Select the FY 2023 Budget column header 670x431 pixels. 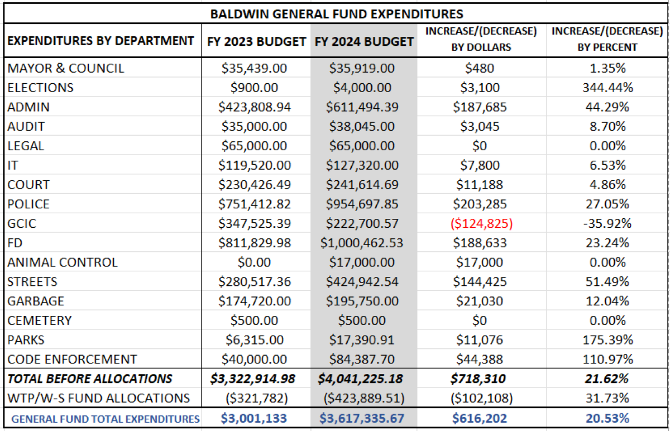[256, 41]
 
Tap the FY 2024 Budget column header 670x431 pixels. [363, 41]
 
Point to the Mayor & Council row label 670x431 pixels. [66, 69]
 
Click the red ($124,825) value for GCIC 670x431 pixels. [481, 223]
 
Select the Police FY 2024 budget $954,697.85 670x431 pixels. [363, 204]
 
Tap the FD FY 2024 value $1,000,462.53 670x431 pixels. [363, 243]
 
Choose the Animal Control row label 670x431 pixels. [63, 262]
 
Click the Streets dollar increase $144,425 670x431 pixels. [481, 282]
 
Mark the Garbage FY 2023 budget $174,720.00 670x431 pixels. [256, 301]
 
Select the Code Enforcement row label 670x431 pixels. [72, 360]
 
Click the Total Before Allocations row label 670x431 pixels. [90, 379]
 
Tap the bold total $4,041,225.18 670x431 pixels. [363, 379]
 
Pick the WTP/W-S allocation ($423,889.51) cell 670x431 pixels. [363, 399]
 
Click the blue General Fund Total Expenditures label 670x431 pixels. [106, 419]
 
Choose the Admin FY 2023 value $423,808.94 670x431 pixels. [256, 107]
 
